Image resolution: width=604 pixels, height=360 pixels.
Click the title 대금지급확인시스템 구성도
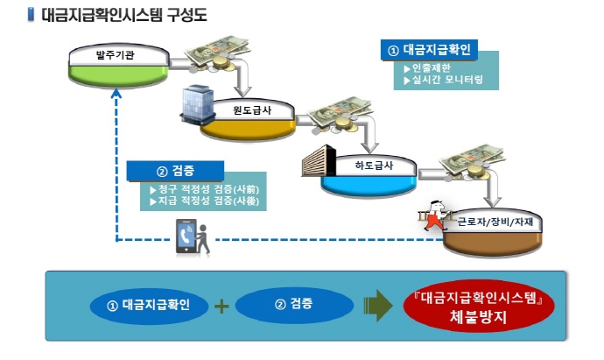122,15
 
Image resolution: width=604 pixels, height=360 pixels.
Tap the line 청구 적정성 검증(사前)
207,188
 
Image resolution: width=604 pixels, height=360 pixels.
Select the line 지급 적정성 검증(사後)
207,201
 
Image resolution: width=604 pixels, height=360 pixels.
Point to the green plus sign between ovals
221,305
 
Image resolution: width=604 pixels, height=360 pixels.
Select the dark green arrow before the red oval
376,305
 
